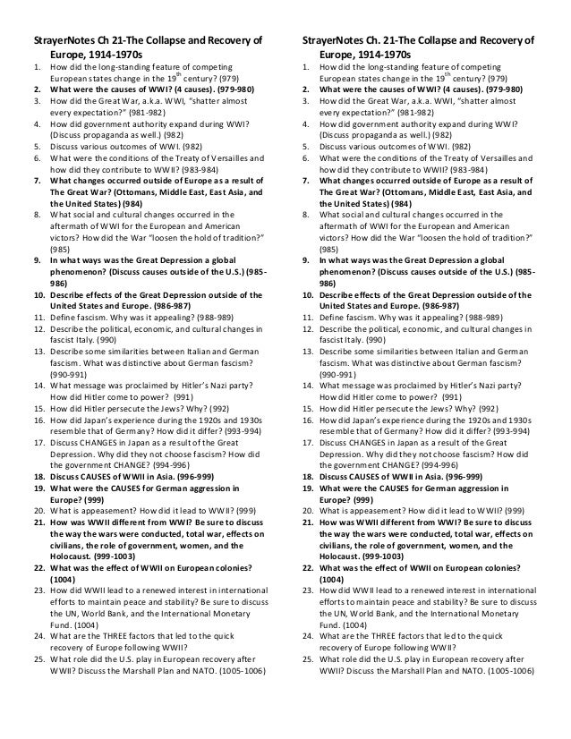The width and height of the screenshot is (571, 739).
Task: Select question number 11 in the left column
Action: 40,317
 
